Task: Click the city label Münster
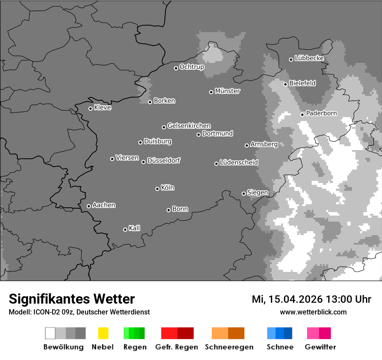pyautogui.click(x=227, y=91)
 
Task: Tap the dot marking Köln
pyautogui.click(x=157, y=189)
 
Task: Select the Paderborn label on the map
pyautogui.click(x=321, y=113)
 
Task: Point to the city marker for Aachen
pyautogui.click(x=89, y=206)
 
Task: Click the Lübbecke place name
pyautogui.click(x=309, y=58)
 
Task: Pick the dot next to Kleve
pyautogui.click(x=90, y=108)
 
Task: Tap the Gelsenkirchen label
pyautogui.click(x=189, y=126)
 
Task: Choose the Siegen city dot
pyautogui.click(x=244, y=193)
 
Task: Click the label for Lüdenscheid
pyautogui.click(x=239, y=162)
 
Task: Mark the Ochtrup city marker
pyautogui.click(x=176, y=68)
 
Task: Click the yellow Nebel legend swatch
pyautogui.click(x=103, y=333)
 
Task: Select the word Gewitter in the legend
pyautogui.click(x=320, y=347)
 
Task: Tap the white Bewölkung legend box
pyautogui.click(x=50, y=333)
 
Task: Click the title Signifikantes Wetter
pyautogui.click(x=72, y=299)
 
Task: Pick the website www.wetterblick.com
pyautogui.click(x=313, y=312)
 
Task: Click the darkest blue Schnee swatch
pyautogui.click(x=288, y=333)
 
